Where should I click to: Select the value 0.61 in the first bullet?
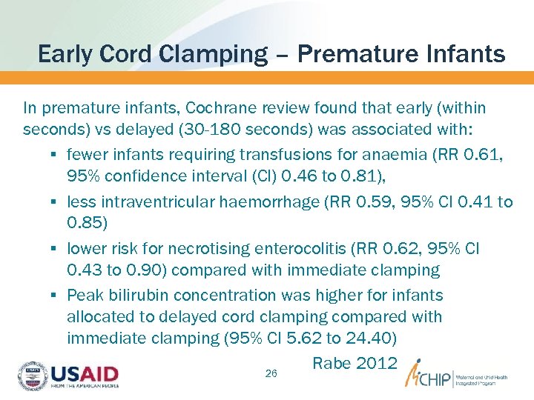tap(487, 155)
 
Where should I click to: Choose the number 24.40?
tap(375, 339)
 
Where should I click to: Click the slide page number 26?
tap(271, 374)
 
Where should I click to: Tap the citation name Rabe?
tap(332, 364)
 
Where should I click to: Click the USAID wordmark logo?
tap(84, 372)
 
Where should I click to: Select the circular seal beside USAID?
tap(32, 375)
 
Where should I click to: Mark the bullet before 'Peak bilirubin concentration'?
tap(57, 296)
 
